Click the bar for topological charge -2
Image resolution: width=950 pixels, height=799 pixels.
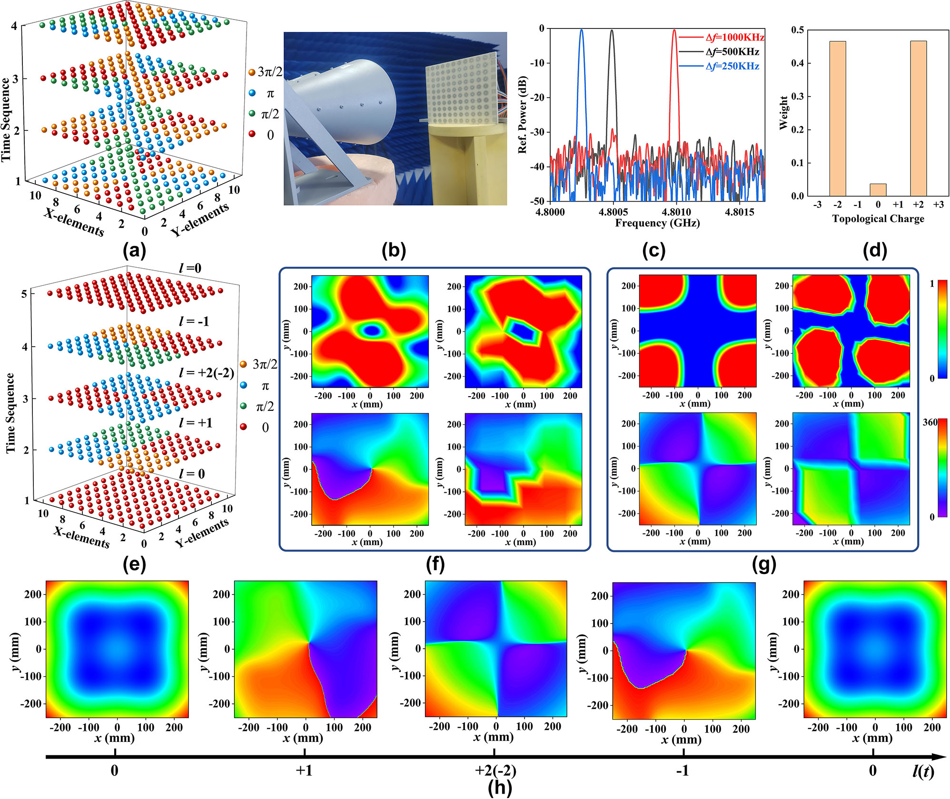[x=837, y=118]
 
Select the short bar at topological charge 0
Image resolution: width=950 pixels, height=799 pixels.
[x=878, y=190]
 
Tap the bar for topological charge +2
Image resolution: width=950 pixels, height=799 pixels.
[x=918, y=118]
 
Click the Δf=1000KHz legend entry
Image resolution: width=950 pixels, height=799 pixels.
[x=734, y=37]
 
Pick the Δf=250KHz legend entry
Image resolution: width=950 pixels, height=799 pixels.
[x=732, y=66]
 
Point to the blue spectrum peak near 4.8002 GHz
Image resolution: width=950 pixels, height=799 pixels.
[x=581, y=31]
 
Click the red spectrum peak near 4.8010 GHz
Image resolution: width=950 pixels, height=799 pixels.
[x=674, y=31]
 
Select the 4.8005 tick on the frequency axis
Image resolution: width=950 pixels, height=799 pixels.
[x=613, y=212]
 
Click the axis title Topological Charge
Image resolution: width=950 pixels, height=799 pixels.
[x=878, y=219]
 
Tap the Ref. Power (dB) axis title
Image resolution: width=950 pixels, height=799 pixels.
[x=523, y=115]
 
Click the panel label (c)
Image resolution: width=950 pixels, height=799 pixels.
[x=653, y=251]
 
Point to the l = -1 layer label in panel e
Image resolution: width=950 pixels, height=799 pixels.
[x=194, y=322]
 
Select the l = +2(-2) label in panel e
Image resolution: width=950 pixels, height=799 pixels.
[x=207, y=372]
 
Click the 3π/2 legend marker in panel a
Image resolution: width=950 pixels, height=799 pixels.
[x=252, y=72]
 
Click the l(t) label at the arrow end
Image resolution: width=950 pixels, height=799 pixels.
[x=922, y=770]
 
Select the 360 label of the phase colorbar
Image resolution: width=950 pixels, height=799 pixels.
[x=930, y=422]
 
